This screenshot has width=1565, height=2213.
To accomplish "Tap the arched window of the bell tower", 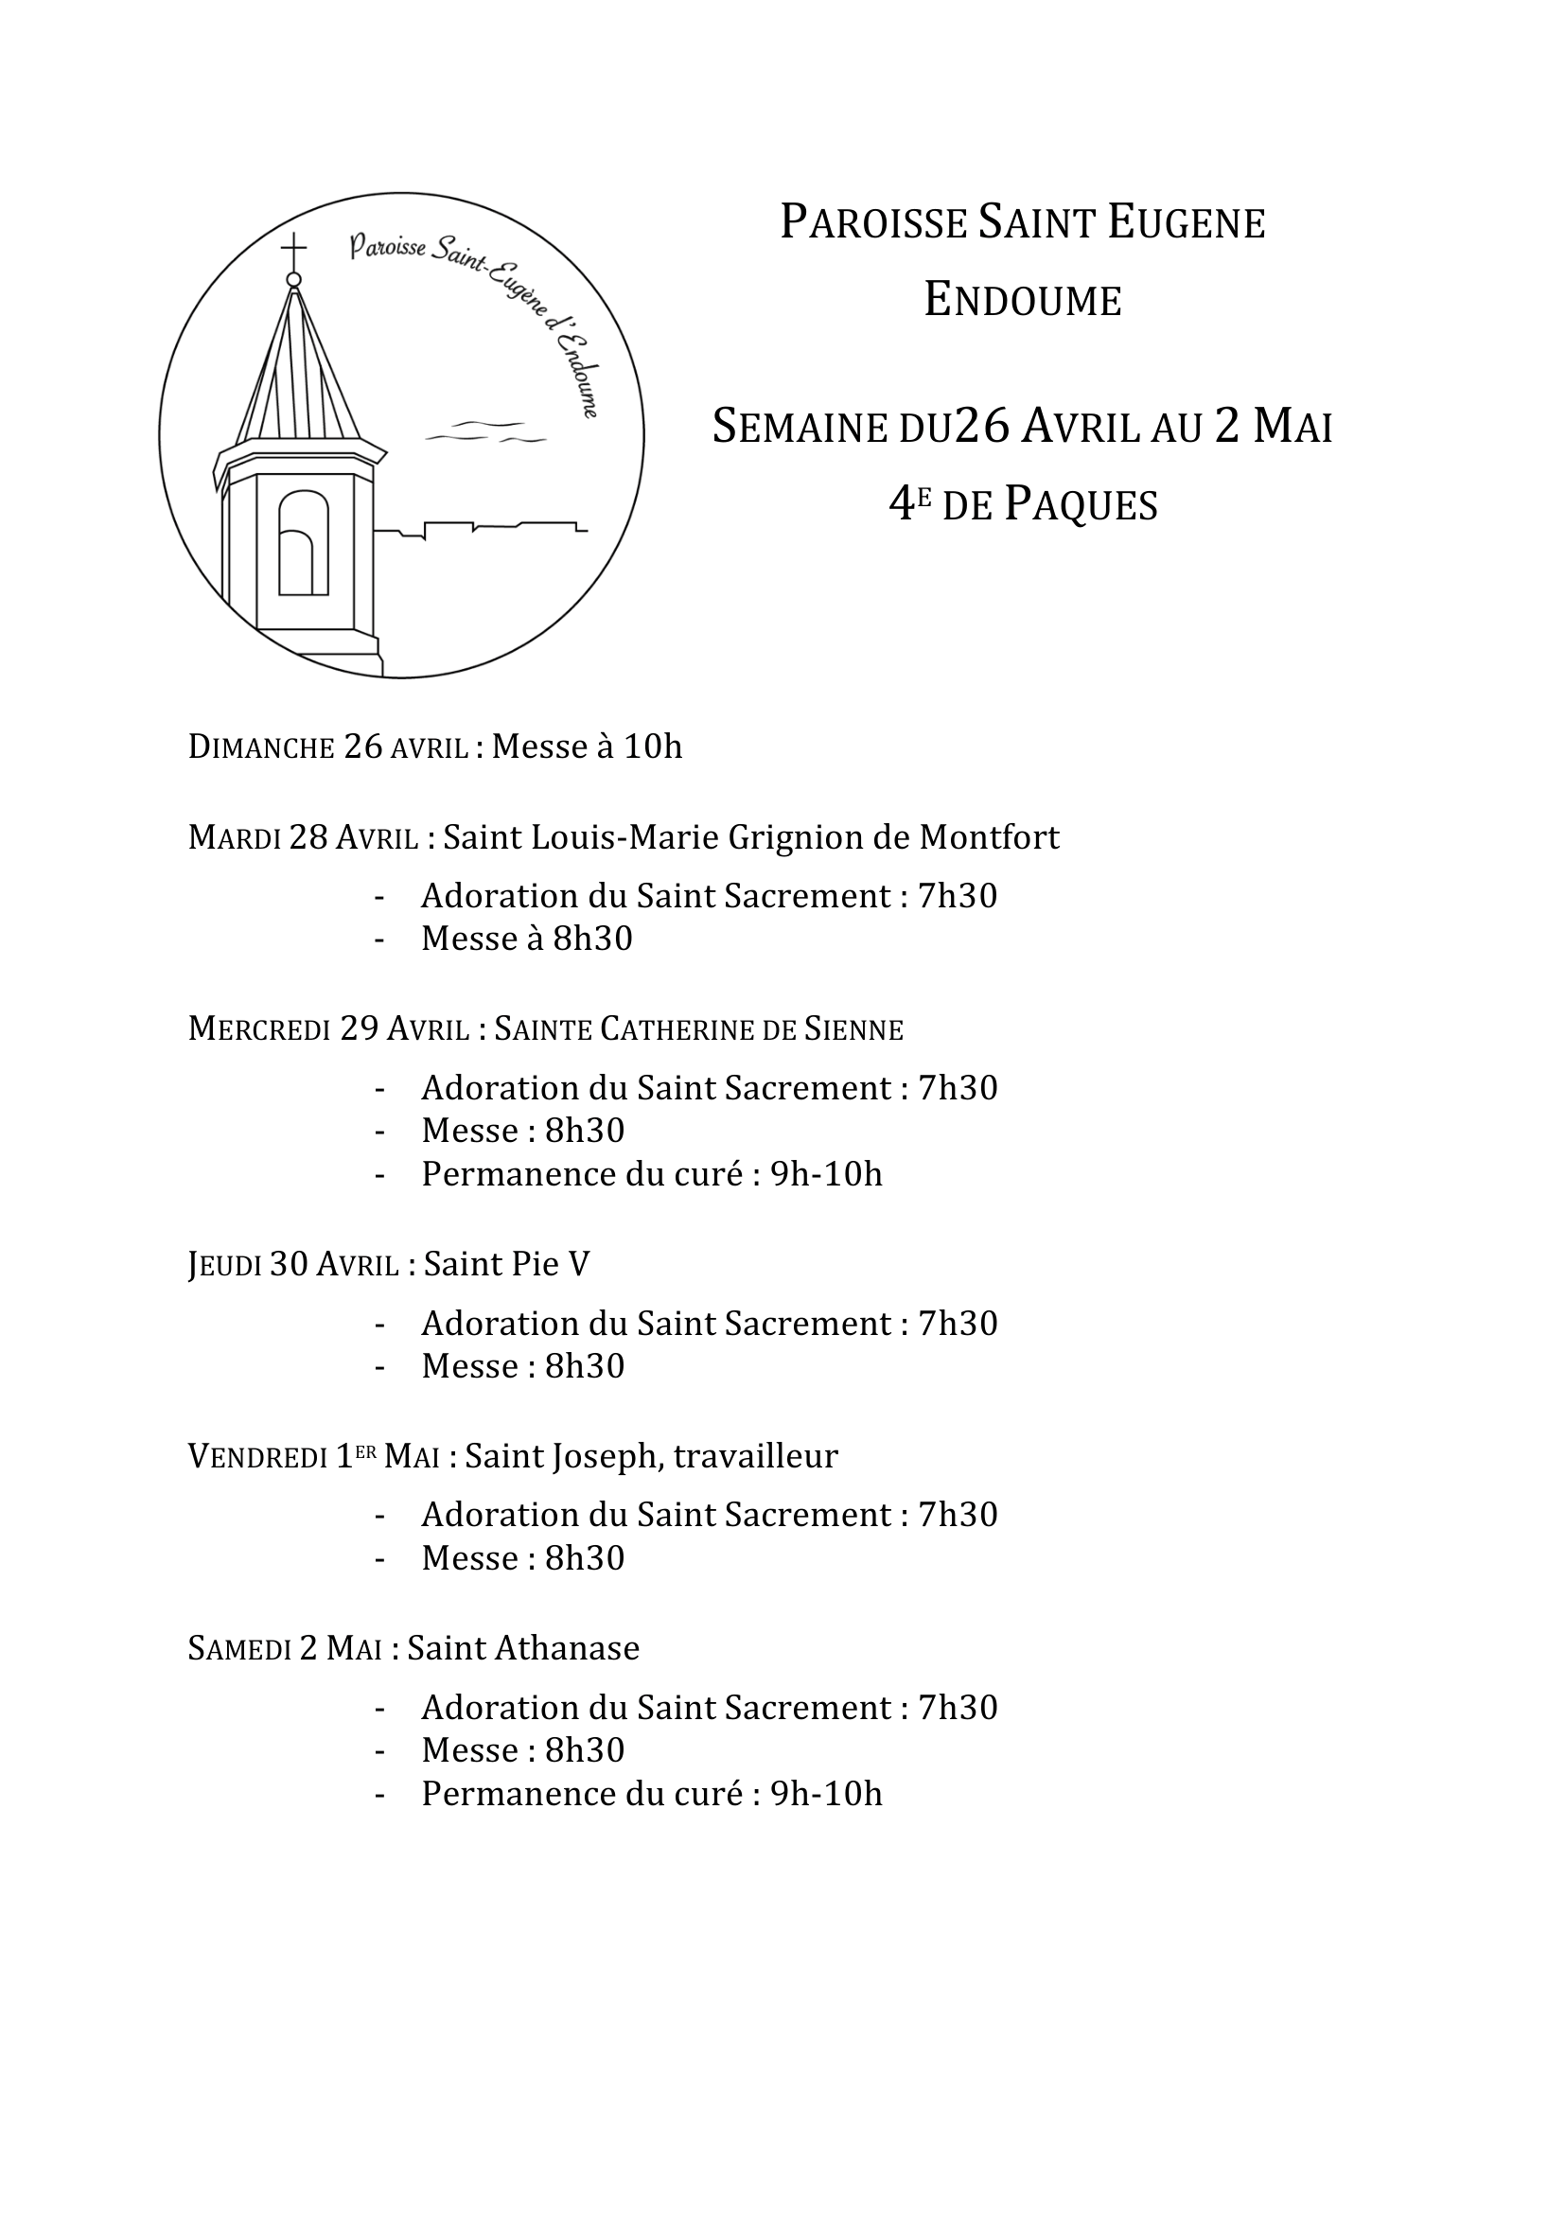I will pos(304,544).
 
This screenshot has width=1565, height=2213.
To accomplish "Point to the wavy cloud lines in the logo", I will pos(486,432).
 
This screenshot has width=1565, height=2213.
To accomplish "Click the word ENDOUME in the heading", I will pos(1023,300).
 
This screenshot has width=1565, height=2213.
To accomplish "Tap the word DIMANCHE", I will pos(261,747).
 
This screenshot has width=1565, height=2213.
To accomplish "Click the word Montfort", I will pos(989,836).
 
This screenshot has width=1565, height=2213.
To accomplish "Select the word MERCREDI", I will pos(259,1029).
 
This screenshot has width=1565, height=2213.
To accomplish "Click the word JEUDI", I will pos(224,1265).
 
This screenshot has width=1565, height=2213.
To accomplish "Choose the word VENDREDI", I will pos(257,1457).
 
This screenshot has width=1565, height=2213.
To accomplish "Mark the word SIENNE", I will pos(853,1030).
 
